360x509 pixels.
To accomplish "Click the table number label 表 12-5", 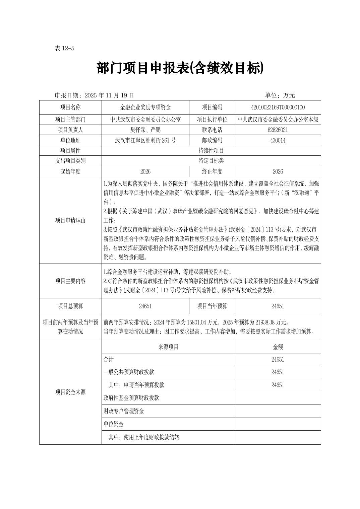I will [x=64, y=48].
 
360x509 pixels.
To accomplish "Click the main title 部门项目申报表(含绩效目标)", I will [x=180, y=68].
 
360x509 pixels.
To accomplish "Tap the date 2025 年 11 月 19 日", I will [x=109, y=95].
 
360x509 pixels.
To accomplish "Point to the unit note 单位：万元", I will [x=280, y=95].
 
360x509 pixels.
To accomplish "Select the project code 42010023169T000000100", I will [x=278, y=107].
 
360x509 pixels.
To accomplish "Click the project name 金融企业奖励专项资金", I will [x=145, y=107].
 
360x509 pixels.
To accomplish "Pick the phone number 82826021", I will [x=278, y=130].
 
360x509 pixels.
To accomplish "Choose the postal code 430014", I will [x=278, y=141].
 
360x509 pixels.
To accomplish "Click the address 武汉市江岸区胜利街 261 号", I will [x=145, y=141].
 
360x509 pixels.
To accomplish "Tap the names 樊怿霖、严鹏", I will [x=145, y=130].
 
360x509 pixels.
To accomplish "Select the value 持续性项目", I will [x=211, y=151].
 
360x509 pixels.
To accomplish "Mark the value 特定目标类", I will [x=211, y=161].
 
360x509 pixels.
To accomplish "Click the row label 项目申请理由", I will [x=70, y=220].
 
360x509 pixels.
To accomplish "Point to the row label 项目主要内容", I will [x=70, y=281].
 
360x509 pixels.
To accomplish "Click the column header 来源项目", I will [x=168, y=347].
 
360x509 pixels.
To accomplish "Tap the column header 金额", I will [x=278, y=347].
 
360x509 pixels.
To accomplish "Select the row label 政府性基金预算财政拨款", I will [x=131, y=398].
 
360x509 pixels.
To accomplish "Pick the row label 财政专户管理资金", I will [x=124, y=411].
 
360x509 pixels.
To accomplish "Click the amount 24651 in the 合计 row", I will [x=278, y=360].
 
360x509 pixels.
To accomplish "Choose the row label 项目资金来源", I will [x=70, y=392].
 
